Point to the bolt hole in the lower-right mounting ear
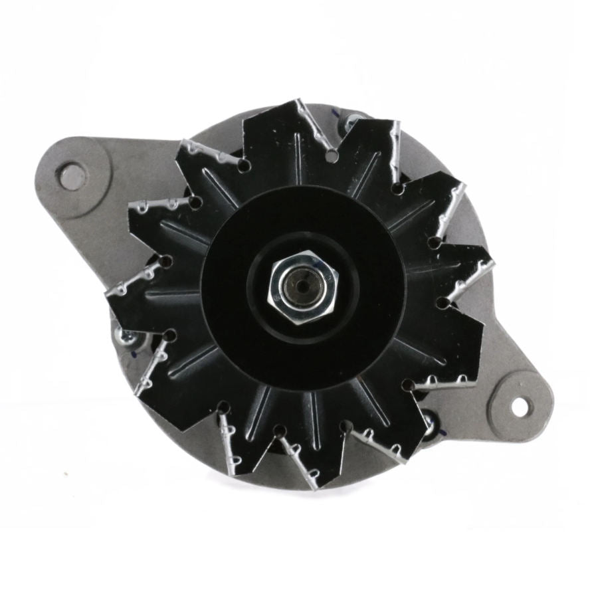click(x=518, y=403)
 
